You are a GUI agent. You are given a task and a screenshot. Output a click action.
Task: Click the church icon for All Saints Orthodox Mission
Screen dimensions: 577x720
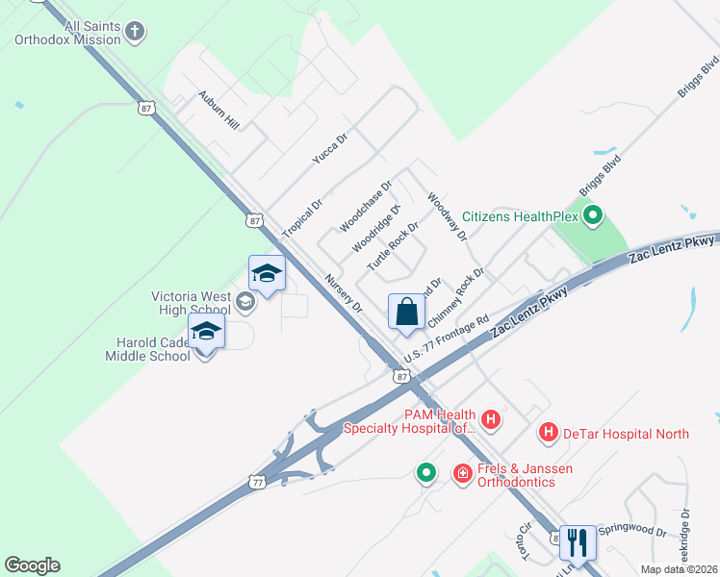click(136, 32)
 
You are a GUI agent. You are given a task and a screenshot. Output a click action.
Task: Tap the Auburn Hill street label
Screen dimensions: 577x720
click(218, 110)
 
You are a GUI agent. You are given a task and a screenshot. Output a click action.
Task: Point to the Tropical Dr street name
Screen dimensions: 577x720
click(303, 219)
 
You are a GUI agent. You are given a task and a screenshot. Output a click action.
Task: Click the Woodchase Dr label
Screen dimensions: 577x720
click(366, 207)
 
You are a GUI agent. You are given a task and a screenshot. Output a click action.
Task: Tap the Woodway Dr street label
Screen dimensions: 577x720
click(447, 215)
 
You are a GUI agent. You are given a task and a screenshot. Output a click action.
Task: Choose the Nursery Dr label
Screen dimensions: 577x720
click(344, 294)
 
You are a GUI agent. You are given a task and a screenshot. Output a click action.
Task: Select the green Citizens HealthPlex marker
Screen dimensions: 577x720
click(594, 216)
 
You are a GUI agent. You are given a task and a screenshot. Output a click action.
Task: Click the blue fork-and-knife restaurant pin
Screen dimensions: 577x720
click(578, 541)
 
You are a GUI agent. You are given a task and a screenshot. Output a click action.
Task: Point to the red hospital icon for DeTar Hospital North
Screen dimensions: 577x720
click(549, 434)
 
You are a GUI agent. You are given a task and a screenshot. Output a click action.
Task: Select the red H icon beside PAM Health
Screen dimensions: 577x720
click(491, 419)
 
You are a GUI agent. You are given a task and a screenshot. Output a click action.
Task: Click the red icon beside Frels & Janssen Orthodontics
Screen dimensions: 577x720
click(463, 473)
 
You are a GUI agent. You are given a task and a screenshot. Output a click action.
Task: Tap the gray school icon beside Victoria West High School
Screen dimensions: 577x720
click(244, 303)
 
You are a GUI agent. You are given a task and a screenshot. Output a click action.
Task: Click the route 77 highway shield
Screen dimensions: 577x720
click(256, 480)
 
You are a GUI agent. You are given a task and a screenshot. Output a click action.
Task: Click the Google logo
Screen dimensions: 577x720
click(32, 565)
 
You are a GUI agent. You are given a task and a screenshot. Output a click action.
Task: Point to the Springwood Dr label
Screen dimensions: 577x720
click(632, 530)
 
